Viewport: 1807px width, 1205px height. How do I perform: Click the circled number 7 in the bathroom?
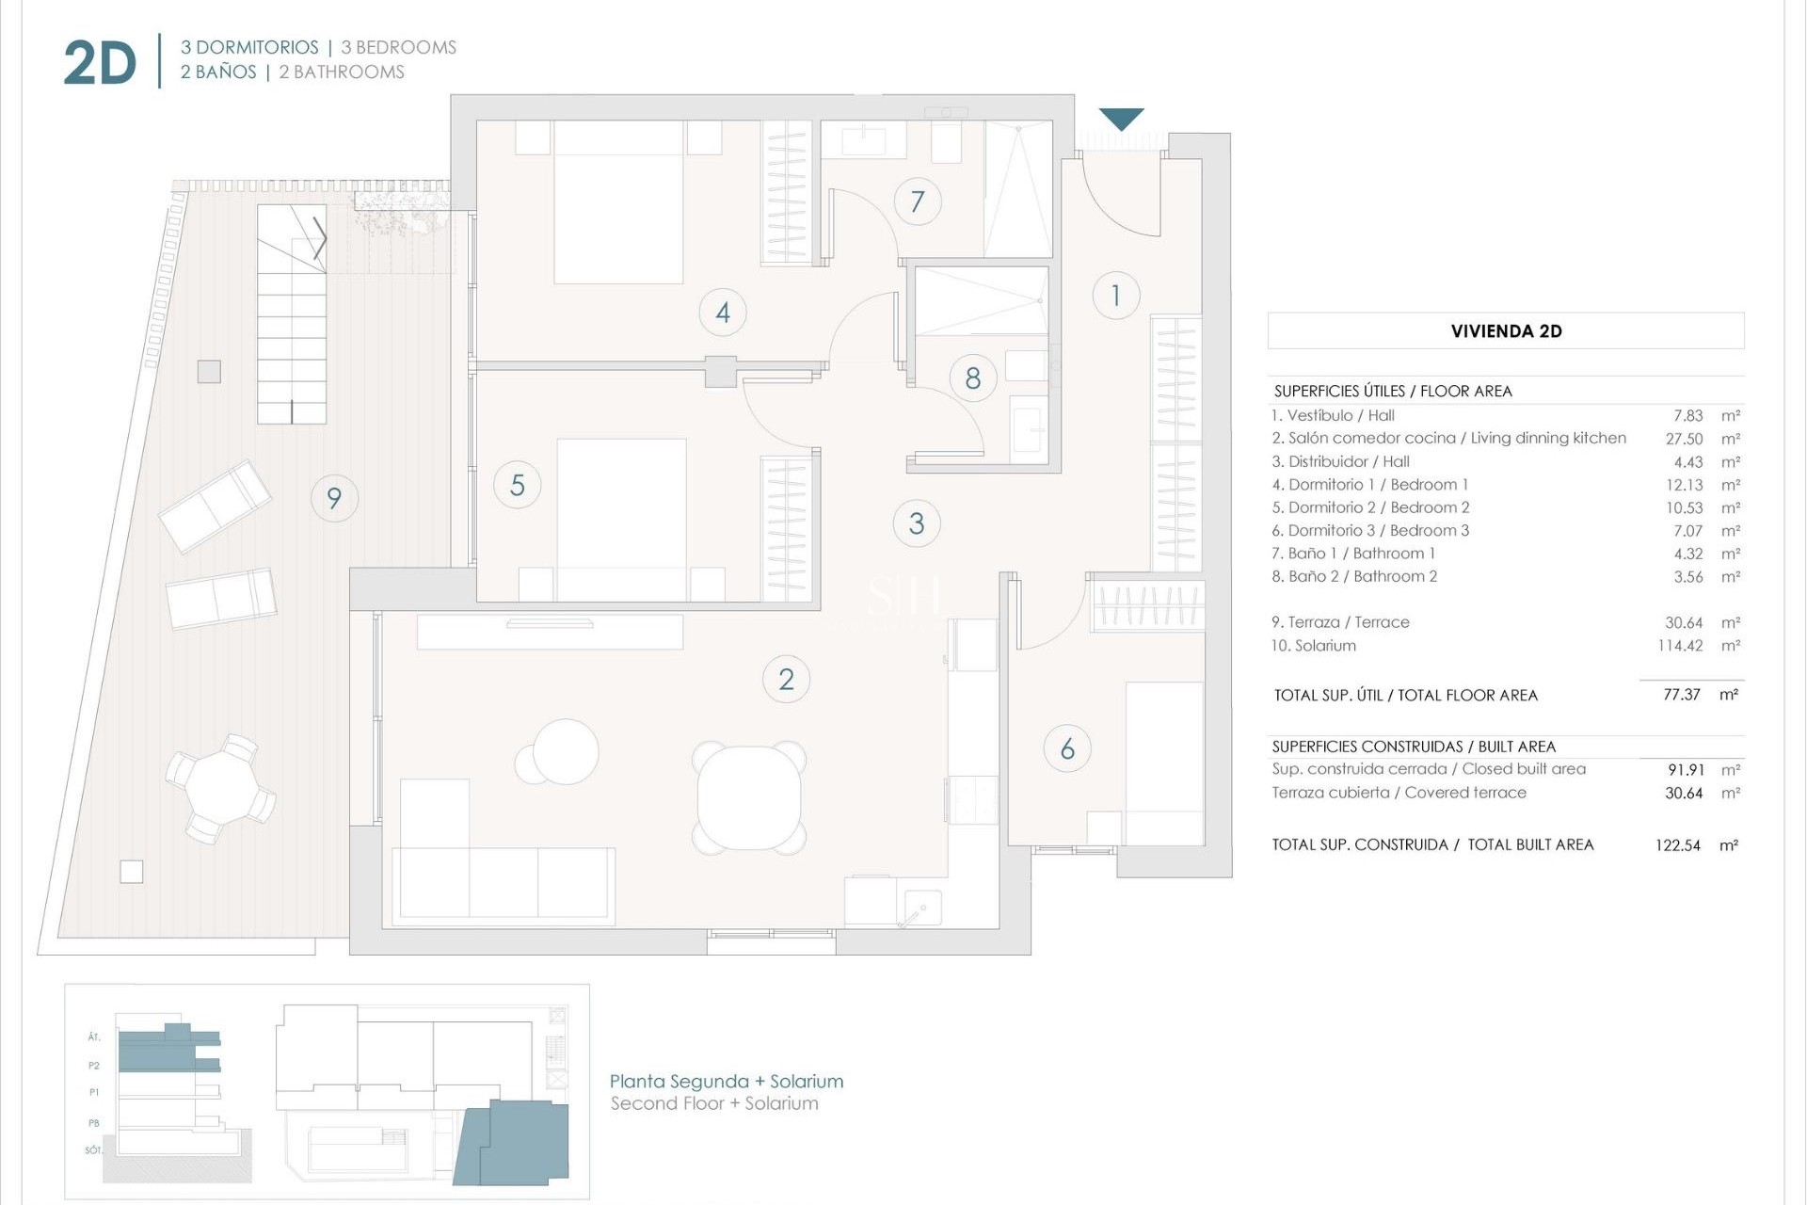click(918, 201)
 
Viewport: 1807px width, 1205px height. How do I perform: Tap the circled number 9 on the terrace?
click(334, 498)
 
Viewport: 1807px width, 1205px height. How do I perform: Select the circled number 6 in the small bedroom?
click(1067, 749)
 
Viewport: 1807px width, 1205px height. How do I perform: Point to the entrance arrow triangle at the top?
click(1121, 119)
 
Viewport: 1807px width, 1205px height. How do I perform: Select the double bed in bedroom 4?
click(618, 202)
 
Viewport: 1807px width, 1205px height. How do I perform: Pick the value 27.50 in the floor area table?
click(1684, 439)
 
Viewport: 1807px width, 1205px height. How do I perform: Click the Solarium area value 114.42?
click(1680, 646)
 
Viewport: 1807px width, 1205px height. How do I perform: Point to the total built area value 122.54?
click(1677, 845)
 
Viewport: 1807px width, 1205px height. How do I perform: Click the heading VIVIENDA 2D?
click(1506, 331)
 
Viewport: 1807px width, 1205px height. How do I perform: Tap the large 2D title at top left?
click(100, 64)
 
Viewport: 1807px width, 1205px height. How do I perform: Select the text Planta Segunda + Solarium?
click(726, 1082)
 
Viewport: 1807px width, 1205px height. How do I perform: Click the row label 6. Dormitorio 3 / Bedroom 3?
click(1369, 531)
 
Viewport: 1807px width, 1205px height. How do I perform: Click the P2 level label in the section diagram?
click(94, 1066)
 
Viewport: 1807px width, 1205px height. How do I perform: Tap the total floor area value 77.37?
click(1681, 696)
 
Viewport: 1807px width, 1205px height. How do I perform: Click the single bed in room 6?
click(1164, 763)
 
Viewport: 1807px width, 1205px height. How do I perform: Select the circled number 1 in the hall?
click(1116, 296)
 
